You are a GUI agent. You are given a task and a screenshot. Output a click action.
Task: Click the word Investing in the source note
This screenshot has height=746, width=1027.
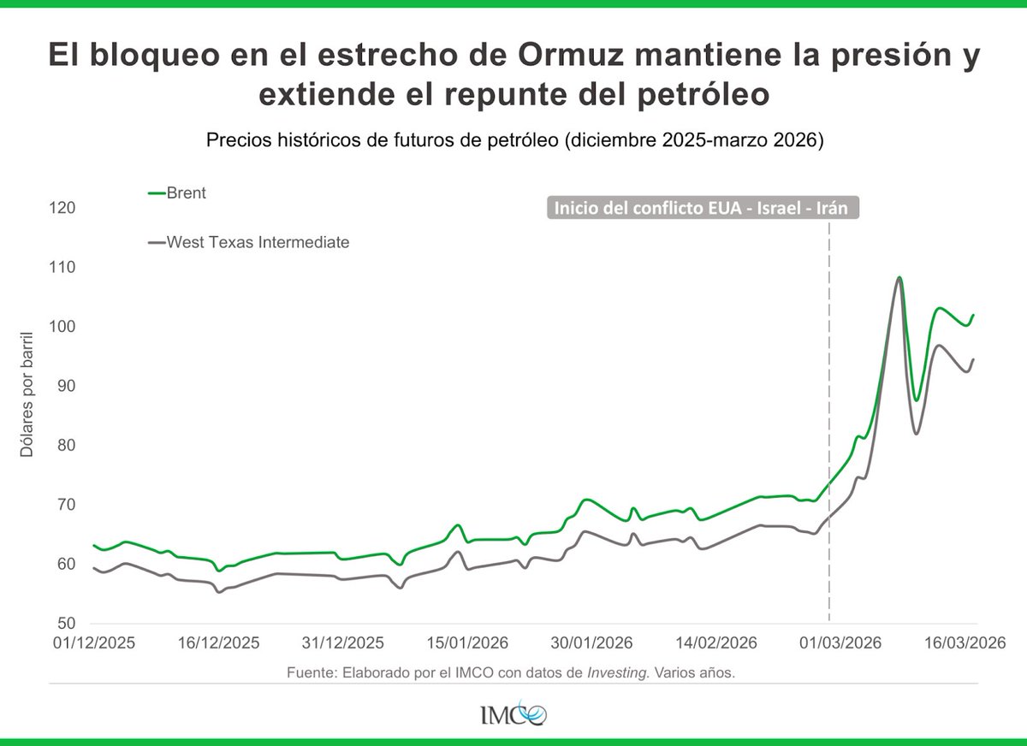click(x=618, y=673)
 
